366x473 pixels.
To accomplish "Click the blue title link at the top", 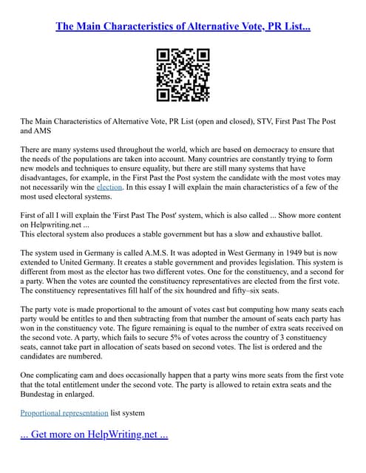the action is (x=183, y=27).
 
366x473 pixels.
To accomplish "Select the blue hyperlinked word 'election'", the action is (x=109, y=188).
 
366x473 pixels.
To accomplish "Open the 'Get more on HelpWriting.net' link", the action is (x=94, y=435).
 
